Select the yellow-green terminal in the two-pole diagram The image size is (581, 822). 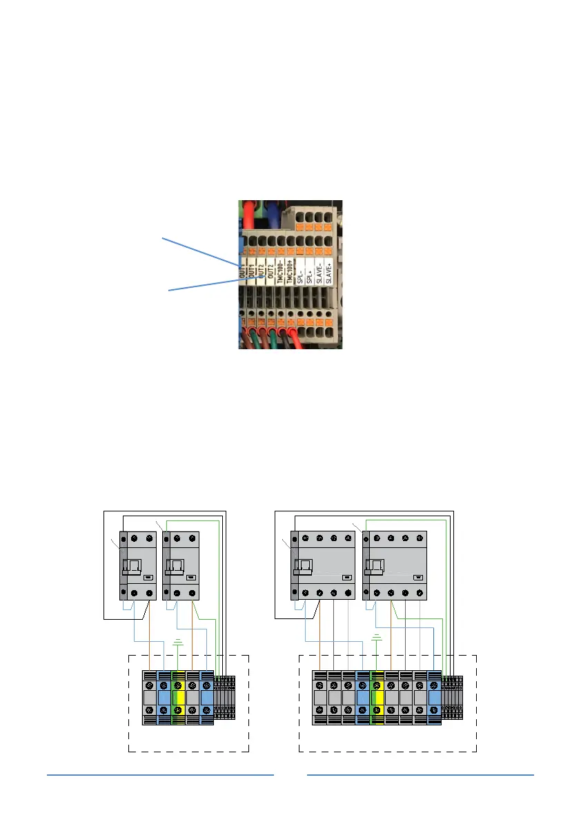pos(178,698)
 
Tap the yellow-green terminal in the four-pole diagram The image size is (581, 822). pos(377,698)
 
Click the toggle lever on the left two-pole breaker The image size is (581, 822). pos(132,567)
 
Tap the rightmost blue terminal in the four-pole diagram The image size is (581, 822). pos(435,698)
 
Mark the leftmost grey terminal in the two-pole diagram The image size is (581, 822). pos(149,698)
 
